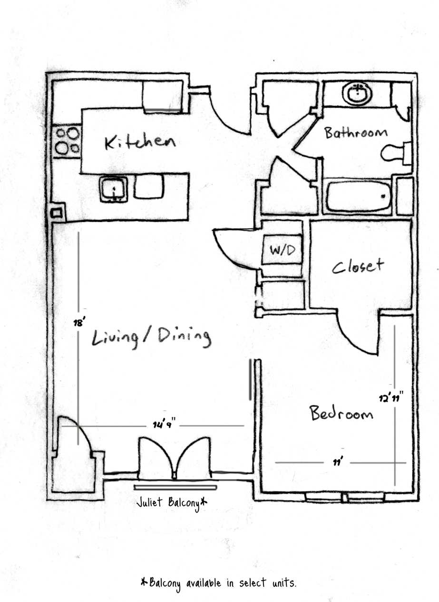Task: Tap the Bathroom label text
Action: coord(356,132)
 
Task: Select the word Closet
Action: coord(358,266)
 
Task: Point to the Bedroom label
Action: coord(341,413)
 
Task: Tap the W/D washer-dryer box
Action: coord(283,250)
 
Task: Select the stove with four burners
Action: coord(67,141)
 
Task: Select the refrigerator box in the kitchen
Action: coord(163,96)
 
